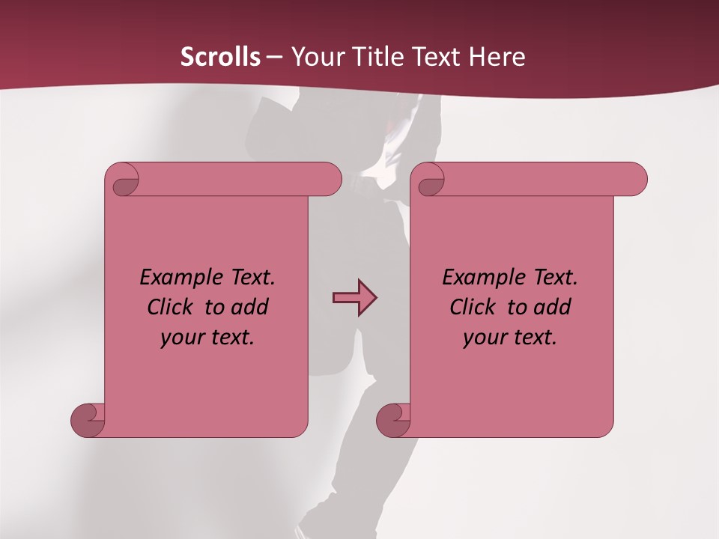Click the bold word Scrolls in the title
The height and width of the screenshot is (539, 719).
pos(220,57)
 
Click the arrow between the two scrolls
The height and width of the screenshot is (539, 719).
pos(354,298)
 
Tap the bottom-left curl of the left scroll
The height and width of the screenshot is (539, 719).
pos(88,419)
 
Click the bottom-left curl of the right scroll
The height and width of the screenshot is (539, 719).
pos(393,419)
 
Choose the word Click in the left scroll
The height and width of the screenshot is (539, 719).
pos(169,307)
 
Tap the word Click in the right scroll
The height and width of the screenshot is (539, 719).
pos(472,307)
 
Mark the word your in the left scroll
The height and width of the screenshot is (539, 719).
pos(180,338)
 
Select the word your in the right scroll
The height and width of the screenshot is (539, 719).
pos(483,338)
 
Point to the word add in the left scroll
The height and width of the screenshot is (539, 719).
pos(251,307)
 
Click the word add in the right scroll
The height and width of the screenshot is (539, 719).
pos(553,307)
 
